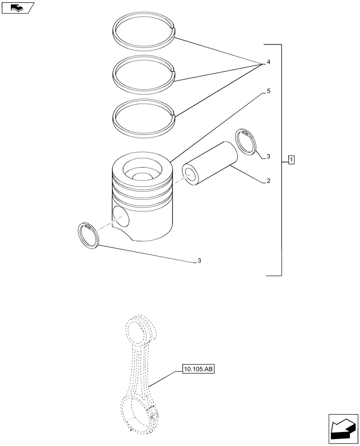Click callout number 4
click(268, 62)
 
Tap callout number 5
click(268, 91)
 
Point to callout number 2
click(268, 181)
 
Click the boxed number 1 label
click(291, 159)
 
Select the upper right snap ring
click(246, 142)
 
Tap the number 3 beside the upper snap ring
click(268, 157)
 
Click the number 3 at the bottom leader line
click(199, 261)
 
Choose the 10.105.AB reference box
click(198, 369)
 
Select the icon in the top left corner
click(18, 7)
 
